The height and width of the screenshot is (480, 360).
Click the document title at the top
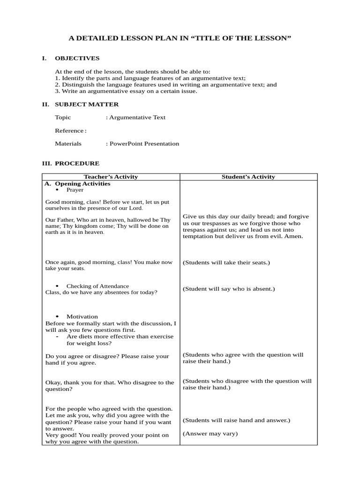coord(180,38)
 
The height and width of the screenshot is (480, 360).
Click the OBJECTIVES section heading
coord(77,58)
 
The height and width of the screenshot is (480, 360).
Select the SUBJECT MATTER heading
coord(87,104)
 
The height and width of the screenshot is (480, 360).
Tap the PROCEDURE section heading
coord(77,163)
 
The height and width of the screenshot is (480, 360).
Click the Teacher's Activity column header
coord(111,177)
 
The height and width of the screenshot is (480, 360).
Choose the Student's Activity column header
coord(248,177)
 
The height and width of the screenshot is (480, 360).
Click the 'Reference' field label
coord(69,130)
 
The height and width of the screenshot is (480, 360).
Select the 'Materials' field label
coord(68,143)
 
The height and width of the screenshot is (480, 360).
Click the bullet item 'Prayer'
coord(75,190)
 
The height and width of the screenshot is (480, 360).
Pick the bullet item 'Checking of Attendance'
coord(97,286)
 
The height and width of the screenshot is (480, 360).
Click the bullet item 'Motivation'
coord(82,316)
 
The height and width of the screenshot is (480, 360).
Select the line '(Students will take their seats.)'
coord(226,262)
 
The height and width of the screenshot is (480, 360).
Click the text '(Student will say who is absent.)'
coord(229,289)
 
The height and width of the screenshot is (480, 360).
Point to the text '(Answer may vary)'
coord(210,434)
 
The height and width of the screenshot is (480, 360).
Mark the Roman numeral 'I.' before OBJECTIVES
coord(45,58)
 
